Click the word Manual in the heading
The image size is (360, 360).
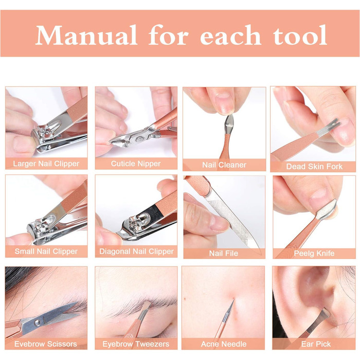click(86, 35)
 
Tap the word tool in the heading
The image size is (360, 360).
click(300, 35)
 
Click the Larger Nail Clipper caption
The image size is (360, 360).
click(46, 164)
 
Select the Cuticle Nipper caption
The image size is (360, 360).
click(136, 164)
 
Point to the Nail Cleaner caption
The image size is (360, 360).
click(224, 165)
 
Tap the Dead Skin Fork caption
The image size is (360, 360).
click(314, 167)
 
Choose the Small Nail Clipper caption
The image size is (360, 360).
click(46, 251)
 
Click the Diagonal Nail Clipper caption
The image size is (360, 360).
click(136, 251)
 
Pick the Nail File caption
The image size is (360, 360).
click(224, 254)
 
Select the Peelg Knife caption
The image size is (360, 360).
click(314, 254)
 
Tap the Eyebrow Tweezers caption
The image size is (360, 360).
click(136, 344)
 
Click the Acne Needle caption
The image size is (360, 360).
click(224, 344)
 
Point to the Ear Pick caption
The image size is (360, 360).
click(316, 344)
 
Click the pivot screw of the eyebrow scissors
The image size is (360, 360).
click(37, 323)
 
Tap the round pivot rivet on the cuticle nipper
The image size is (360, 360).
click(139, 139)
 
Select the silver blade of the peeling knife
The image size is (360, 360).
click(327, 210)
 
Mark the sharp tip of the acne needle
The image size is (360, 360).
click(233, 299)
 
